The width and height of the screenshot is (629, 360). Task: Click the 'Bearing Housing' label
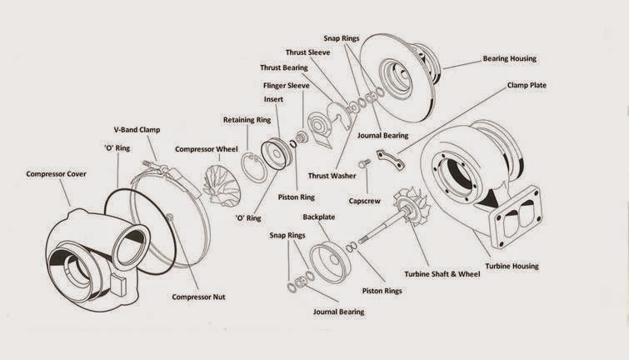(509, 59)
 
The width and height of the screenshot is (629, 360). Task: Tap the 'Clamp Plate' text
(527, 85)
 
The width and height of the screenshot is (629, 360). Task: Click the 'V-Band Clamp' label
(137, 130)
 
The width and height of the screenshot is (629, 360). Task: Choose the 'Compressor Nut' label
(198, 297)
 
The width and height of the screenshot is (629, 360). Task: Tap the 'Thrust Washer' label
(333, 176)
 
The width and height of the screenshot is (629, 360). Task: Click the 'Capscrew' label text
(366, 201)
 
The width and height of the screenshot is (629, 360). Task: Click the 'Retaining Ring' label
(247, 120)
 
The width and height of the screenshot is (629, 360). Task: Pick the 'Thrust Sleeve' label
(309, 51)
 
